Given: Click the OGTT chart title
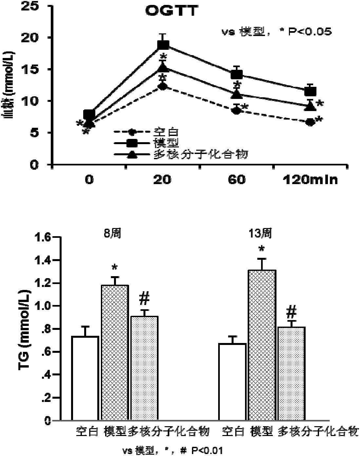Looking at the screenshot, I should coord(172,11).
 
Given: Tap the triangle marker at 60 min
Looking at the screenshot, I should coord(237,95).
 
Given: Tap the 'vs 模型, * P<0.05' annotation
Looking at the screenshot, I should coord(275,31).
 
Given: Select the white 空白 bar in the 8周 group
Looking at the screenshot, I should coord(85,378).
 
